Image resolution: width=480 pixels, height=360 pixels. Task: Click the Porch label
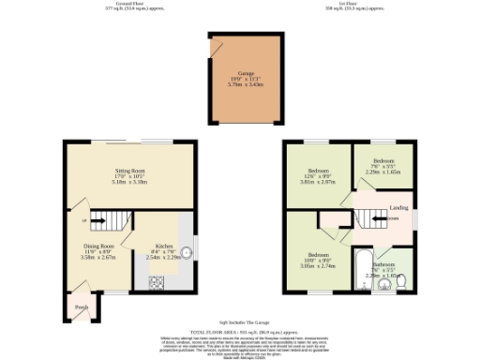click(x=82, y=307)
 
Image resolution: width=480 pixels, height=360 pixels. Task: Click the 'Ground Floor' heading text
click(x=128, y=6)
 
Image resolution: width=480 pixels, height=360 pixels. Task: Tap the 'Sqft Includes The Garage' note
click(x=240, y=322)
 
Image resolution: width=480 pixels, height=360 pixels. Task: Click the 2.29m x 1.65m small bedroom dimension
click(x=383, y=172)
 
